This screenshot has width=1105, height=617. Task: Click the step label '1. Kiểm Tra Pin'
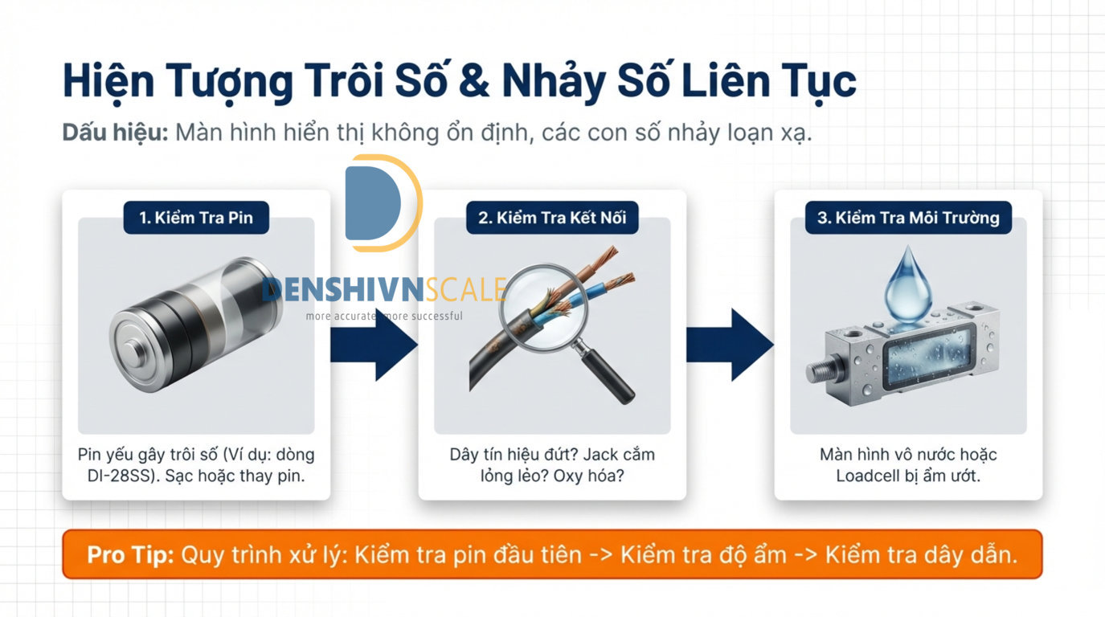point(196,218)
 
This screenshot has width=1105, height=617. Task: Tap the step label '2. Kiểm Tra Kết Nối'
point(552,218)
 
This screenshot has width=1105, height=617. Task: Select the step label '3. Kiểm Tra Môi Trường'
point(908,218)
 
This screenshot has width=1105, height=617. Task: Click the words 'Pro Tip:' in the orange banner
point(130,555)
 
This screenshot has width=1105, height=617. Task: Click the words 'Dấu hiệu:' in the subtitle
point(115,133)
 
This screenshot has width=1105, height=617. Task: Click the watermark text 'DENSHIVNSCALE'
point(384,290)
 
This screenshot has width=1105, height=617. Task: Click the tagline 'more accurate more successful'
point(384,317)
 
